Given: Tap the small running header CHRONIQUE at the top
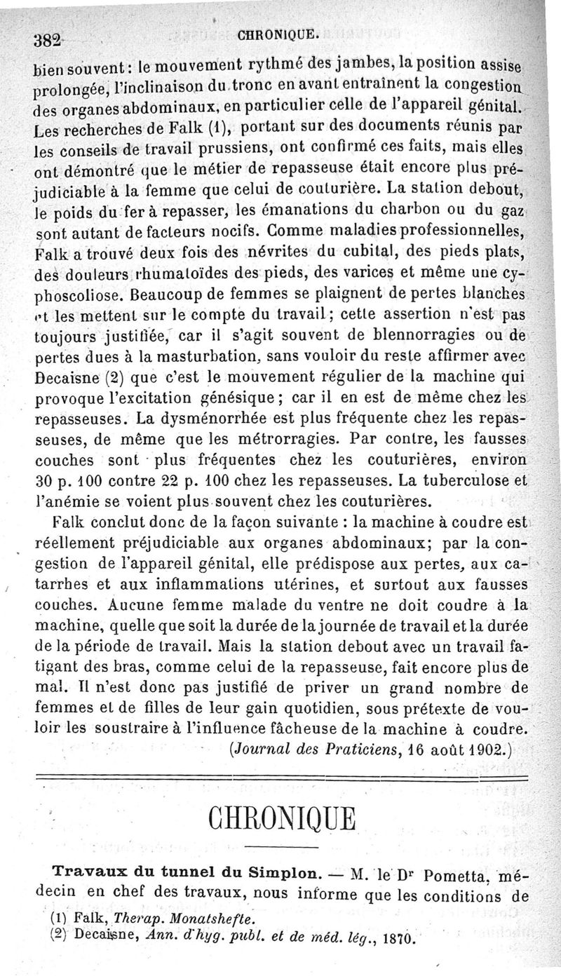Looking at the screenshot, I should (x=279, y=32).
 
